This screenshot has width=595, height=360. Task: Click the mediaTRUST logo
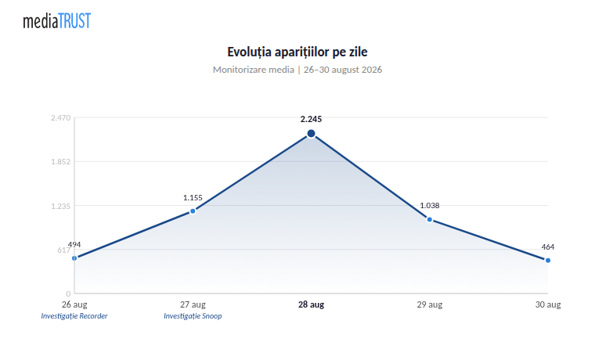coord(57,21)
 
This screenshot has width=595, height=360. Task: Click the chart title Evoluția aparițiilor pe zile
coord(297,52)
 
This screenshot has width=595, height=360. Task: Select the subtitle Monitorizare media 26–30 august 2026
coord(297,70)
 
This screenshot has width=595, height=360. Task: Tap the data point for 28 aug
coord(311,134)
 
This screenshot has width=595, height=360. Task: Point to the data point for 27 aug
coord(193,211)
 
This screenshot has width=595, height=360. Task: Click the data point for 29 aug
coord(430,220)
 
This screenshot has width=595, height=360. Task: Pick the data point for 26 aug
coord(74,258)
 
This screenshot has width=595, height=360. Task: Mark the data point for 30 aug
coord(548,261)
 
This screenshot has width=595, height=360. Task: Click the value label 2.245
coord(311,120)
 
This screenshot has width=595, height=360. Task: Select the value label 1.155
coord(193,198)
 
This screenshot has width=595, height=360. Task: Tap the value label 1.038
coord(430,206)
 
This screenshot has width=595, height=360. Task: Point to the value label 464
coord(548,247)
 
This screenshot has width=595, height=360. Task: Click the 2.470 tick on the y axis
coord(61,118)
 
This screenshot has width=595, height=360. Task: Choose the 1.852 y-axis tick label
coord(61,162)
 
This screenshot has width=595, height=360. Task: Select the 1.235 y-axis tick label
coord(61,207)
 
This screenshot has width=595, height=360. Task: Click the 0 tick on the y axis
coord(68,293)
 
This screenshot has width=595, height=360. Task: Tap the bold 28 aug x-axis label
coord(311,304)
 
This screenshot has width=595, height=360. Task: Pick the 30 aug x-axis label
coord(548,304)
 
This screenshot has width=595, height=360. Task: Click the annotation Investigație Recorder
coord(74,316)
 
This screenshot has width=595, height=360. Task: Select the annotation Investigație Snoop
coord(193,316)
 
